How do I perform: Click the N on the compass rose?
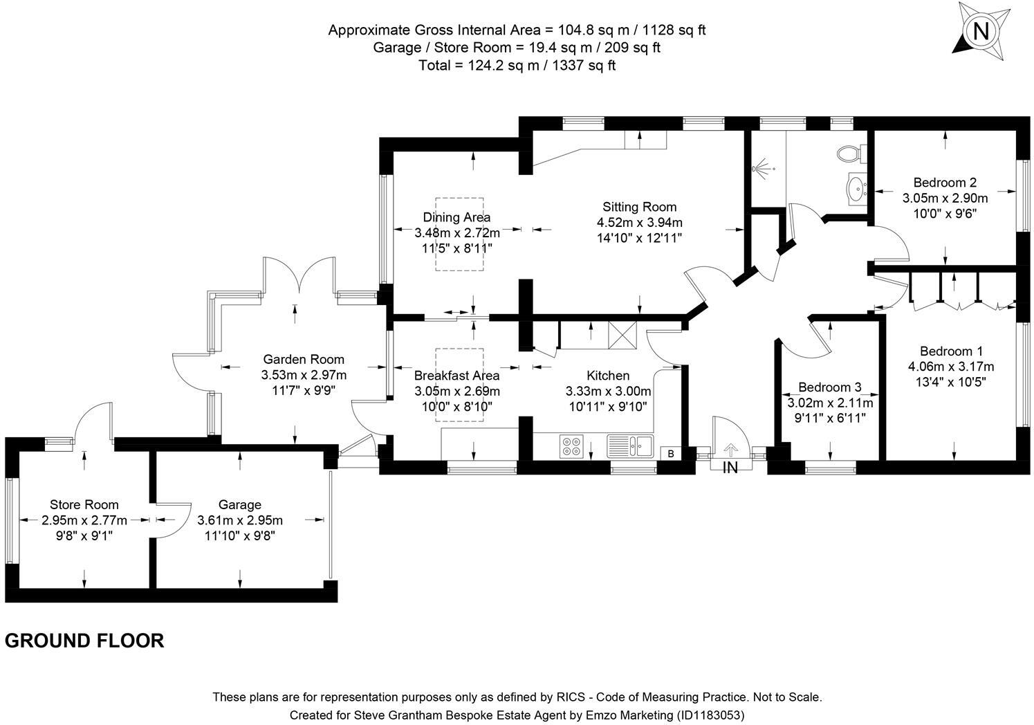point(981,31)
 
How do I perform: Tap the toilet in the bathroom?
point(851,153)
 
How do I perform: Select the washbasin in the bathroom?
point(858,188)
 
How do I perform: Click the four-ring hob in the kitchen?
point(571,446)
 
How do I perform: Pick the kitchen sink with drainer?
point(630,446)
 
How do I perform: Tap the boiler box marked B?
point(671,454)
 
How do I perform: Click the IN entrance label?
point(730,468)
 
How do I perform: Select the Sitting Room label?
point(639,207)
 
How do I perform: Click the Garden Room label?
point(304,359)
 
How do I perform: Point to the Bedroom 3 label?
point(830,387)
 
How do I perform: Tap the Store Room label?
point(84,505)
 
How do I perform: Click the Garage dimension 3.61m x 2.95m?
point(240,520)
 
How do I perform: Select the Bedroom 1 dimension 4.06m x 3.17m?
point(952,367)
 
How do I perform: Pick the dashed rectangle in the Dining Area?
point(459,234)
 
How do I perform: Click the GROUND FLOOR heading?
point(84,641)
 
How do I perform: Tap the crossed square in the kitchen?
point(622,335)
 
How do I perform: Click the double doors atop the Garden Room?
point(299,275)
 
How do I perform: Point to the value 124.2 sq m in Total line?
point(504,66)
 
